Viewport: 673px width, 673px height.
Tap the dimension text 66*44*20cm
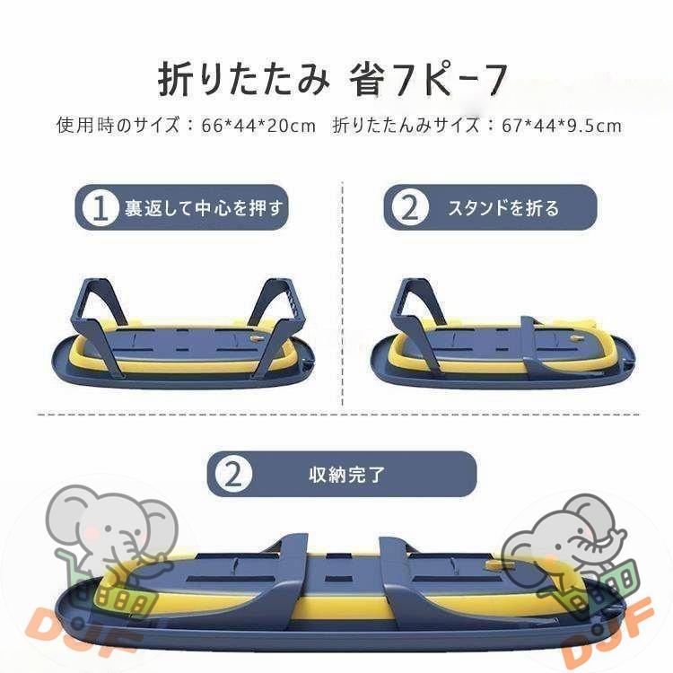click(258, 126)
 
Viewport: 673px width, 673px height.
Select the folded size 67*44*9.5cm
click(562, 126)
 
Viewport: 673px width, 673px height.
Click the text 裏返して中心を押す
click(203, 208)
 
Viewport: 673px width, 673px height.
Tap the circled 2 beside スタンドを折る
click(409, 208)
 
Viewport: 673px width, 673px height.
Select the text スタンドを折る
click(503, 208)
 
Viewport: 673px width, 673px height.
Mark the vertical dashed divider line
click(343, 296)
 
